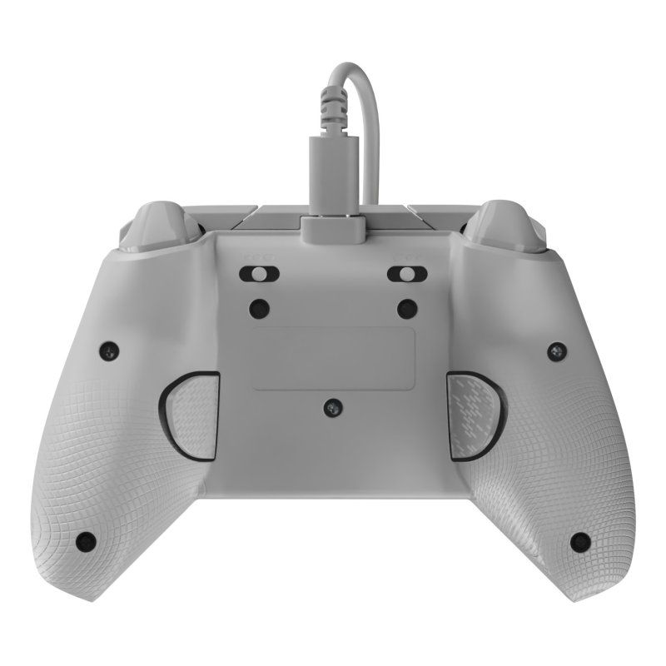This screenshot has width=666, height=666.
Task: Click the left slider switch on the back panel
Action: (x=259, y=275)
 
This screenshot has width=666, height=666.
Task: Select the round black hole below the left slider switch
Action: (x=259, y=307)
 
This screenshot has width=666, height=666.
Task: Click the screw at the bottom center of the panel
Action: (x=332, y=407)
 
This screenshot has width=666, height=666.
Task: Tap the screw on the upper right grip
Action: (x=555, y=350)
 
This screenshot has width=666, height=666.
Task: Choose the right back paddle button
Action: (x=472, y=415)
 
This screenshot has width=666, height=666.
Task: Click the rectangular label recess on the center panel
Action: (x=332, y=358)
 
